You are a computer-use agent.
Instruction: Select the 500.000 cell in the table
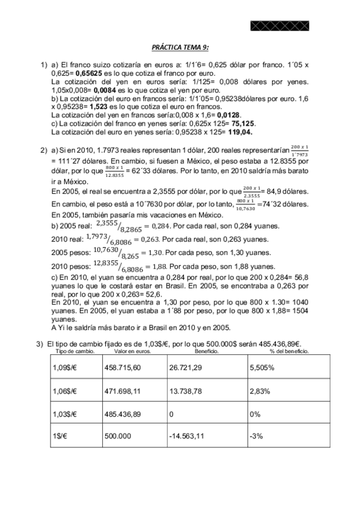118,437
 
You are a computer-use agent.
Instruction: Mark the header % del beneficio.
288,351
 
